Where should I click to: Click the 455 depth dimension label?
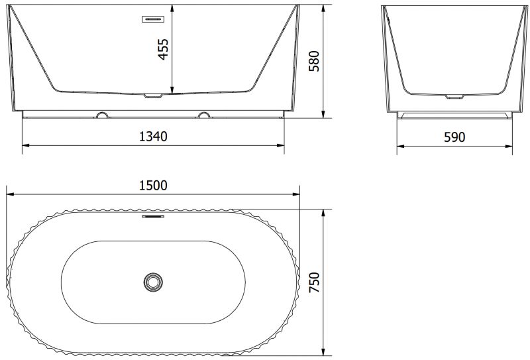163,50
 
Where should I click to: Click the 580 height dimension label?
314,61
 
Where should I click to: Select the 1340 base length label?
153,137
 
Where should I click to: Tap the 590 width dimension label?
454,137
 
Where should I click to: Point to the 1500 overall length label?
153,186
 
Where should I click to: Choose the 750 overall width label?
314,282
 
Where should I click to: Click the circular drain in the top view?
153,282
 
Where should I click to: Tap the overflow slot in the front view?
153,19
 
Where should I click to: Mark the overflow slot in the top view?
153,216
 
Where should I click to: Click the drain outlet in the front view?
153,95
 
